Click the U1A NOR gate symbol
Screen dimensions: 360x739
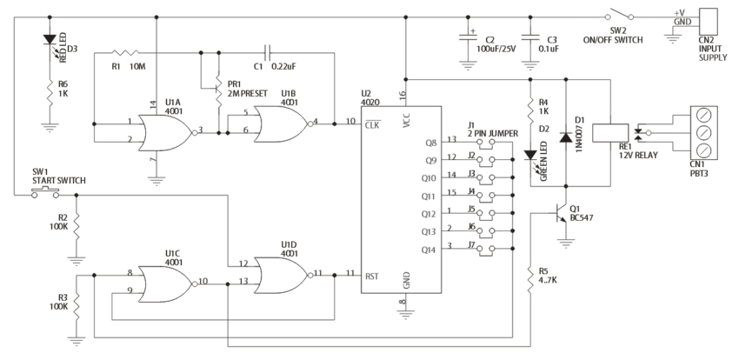coord(166,131)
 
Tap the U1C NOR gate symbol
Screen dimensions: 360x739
coord(166,282)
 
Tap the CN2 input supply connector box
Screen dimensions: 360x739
coord(709,21)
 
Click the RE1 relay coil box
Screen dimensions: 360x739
coord(604,132)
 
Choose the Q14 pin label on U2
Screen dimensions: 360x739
coord(428,249)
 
